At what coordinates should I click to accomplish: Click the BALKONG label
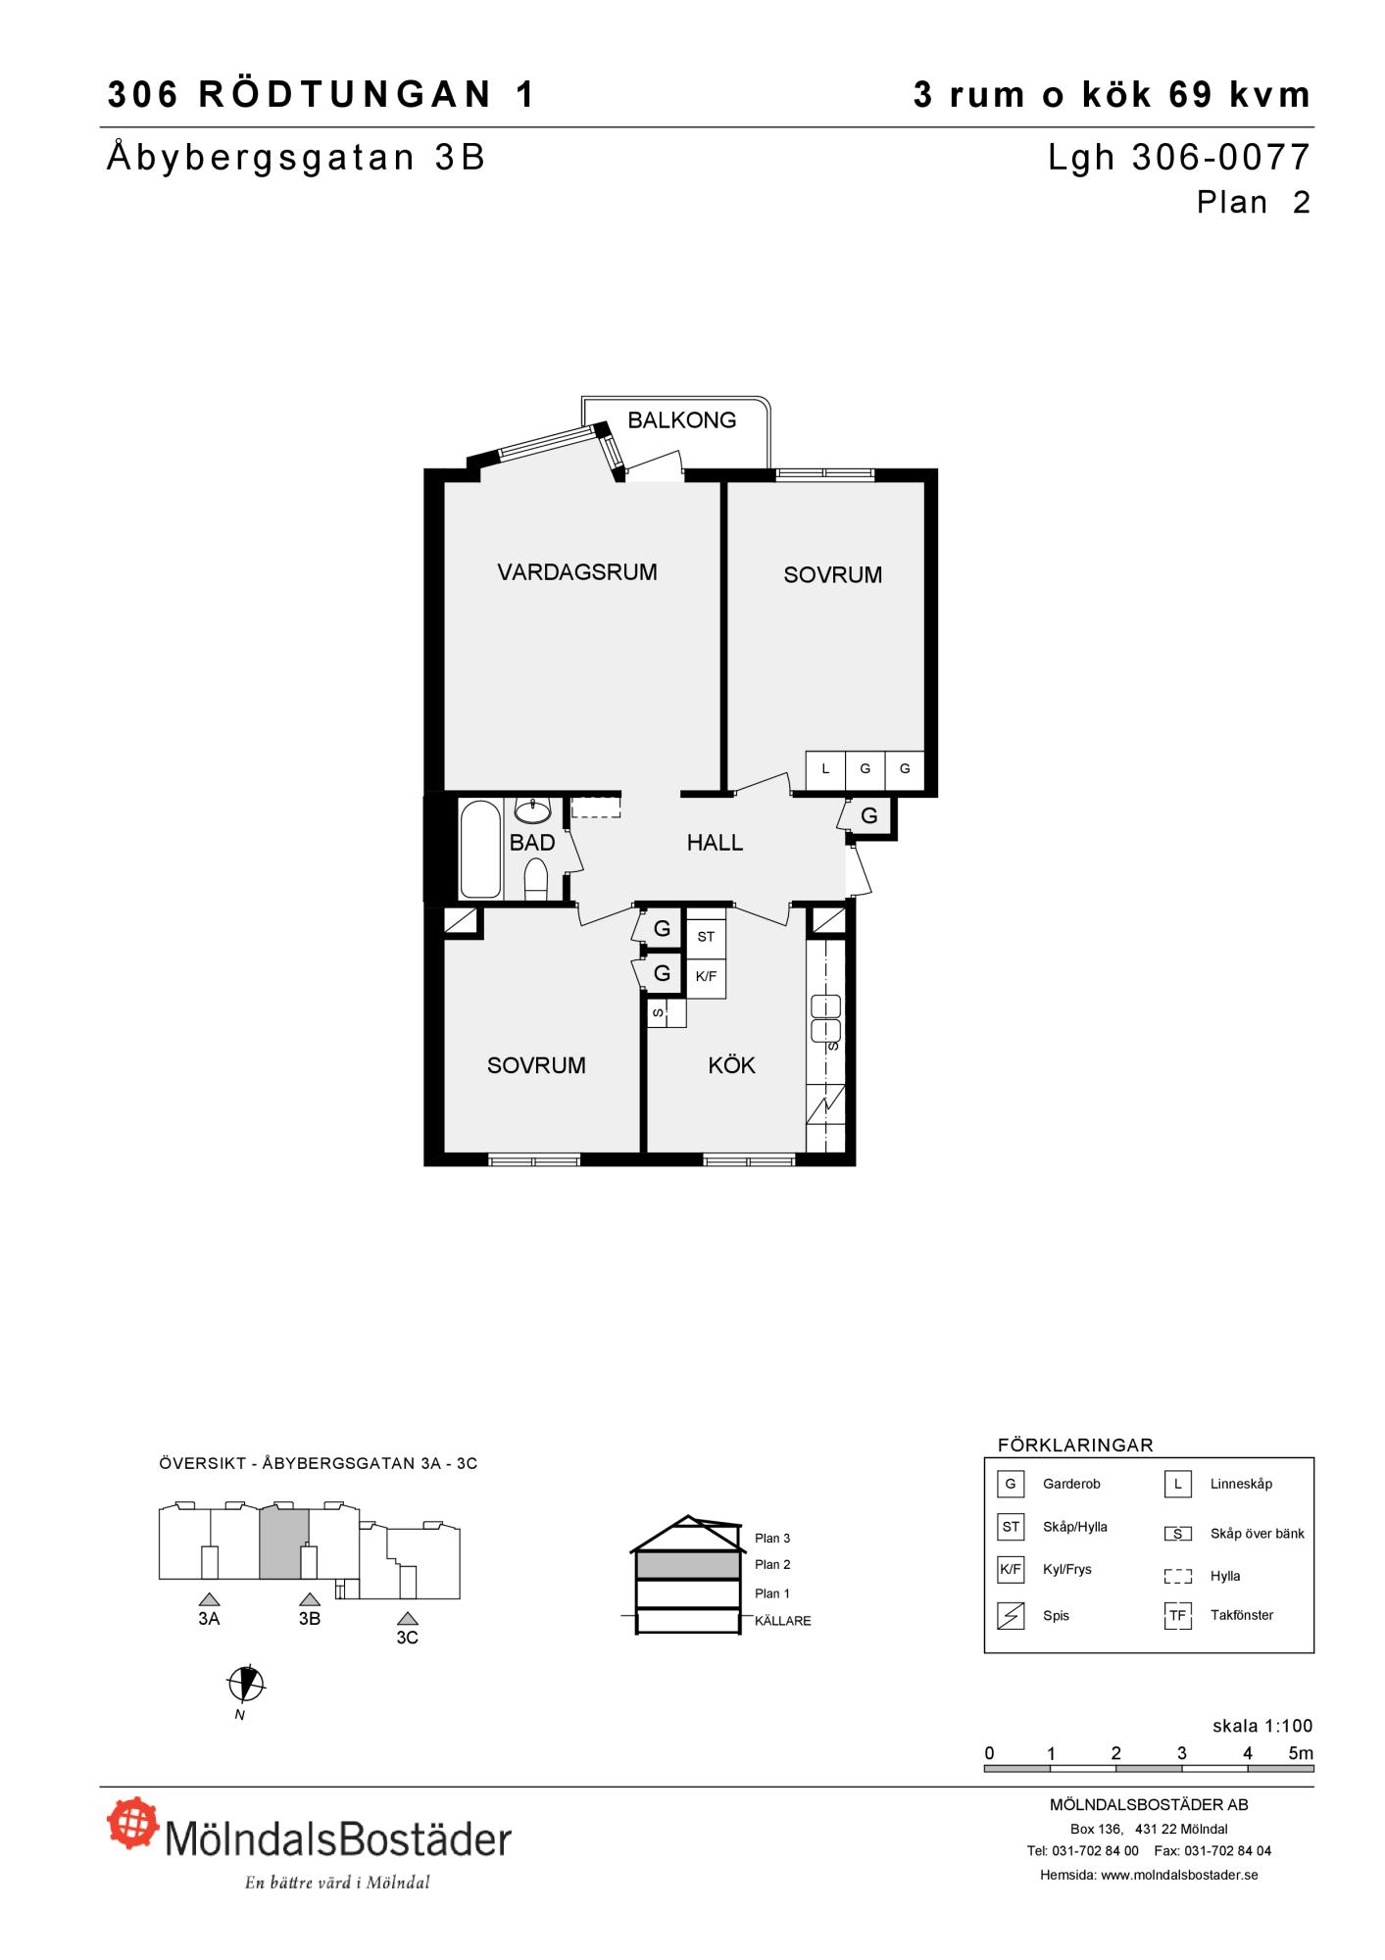681,420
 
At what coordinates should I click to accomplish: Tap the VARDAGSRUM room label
577,572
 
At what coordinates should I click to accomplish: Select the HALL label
715,843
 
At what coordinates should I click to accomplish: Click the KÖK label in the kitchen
731,1065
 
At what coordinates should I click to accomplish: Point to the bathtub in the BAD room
480,850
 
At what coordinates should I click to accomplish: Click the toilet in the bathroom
536,879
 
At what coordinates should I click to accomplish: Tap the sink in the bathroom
532,811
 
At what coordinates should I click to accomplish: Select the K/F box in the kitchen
706,977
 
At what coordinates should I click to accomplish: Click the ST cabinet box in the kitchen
706,938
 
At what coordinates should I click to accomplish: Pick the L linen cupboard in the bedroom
825,770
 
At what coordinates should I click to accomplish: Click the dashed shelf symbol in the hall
596,807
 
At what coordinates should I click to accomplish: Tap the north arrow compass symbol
246,1685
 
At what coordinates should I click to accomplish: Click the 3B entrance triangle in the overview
310,1600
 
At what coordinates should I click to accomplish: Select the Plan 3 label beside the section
772,1539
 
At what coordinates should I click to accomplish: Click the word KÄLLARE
783,1621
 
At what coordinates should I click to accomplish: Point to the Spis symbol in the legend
1010,1615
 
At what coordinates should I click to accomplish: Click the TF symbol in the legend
1177,1615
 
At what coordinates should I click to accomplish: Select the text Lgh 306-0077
1179,158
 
